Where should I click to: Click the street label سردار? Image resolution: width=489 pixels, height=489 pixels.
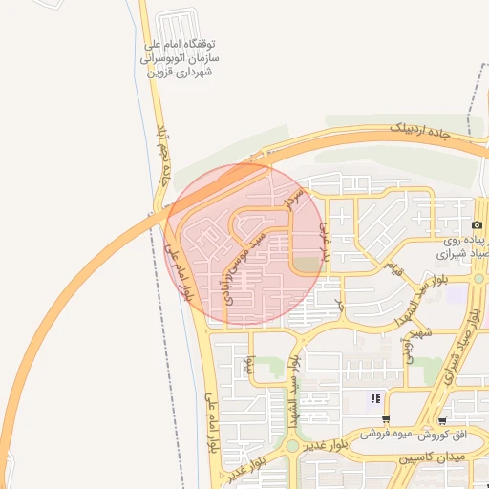pyautogui.click(x=292, y=196)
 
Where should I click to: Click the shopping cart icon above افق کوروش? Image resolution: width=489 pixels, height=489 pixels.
pyautogui.click(x=442, y=419)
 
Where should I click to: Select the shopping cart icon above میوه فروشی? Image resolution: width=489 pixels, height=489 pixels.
pyautogui.click(x=386, y=419)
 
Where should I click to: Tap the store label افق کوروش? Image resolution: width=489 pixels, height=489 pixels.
pyautogui.click(x=448, y=436)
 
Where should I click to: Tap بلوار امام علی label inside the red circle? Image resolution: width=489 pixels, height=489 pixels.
pyautogui.click(x=181, y=272)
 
